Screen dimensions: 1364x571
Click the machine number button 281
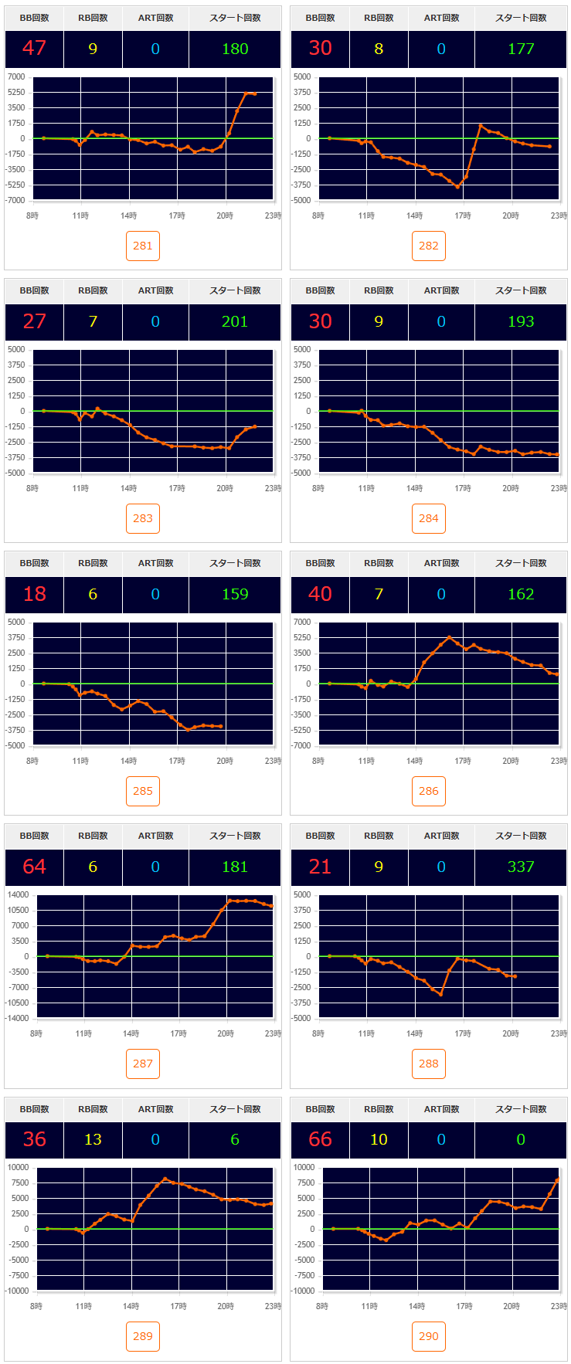point(143,246)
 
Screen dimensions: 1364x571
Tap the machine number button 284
point(429,518)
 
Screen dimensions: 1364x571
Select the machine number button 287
point(143,1064)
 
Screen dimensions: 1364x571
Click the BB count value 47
point(34,49)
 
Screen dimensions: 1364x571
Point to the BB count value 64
point(34,867)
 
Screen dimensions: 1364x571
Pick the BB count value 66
point(320,1139)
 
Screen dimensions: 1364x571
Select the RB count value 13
point(93,1139)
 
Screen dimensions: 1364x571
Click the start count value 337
point(521,867)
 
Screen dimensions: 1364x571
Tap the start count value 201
point(235,321)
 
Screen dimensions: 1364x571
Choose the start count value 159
point(235,594)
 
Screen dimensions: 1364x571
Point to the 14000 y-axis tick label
point(18,894)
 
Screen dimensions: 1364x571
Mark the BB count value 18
point(34,594)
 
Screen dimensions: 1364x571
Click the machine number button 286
point(429,791)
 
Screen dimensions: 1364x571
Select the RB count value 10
point(379,1139)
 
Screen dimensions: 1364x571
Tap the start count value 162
point(521,594)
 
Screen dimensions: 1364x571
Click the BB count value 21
point(320,867)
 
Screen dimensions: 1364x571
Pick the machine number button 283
point(143,518)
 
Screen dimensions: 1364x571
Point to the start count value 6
point(235,1139)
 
